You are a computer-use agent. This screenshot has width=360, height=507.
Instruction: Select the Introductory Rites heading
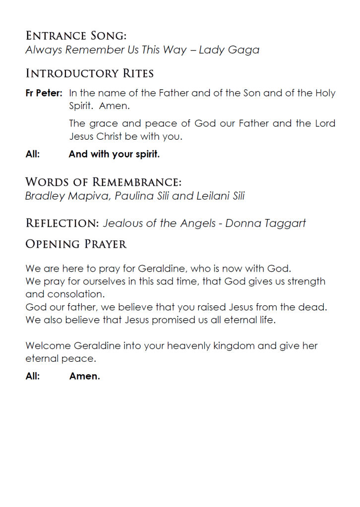coord(89,74)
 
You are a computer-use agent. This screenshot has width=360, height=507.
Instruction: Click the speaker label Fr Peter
coord(44,93)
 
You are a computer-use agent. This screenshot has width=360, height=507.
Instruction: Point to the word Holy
coord(325,93)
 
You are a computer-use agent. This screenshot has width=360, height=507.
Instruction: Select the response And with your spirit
coord(114,154)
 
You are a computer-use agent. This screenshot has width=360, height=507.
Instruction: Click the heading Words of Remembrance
coord(103,181)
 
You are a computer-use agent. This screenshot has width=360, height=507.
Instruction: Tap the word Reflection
coord(62,223)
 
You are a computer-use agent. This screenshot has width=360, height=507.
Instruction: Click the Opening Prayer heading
coord(76,244)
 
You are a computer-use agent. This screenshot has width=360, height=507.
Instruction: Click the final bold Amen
coord(85,376)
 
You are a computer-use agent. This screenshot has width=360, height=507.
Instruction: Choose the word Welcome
coord(48,345)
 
